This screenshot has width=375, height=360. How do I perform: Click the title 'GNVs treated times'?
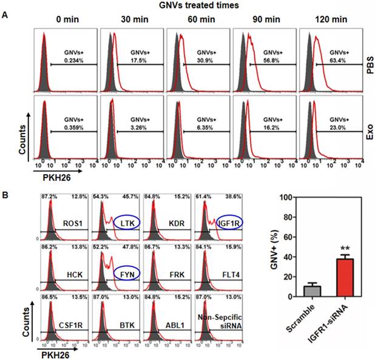(x=187, y=6)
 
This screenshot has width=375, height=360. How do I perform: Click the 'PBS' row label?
(x=368, y=63)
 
